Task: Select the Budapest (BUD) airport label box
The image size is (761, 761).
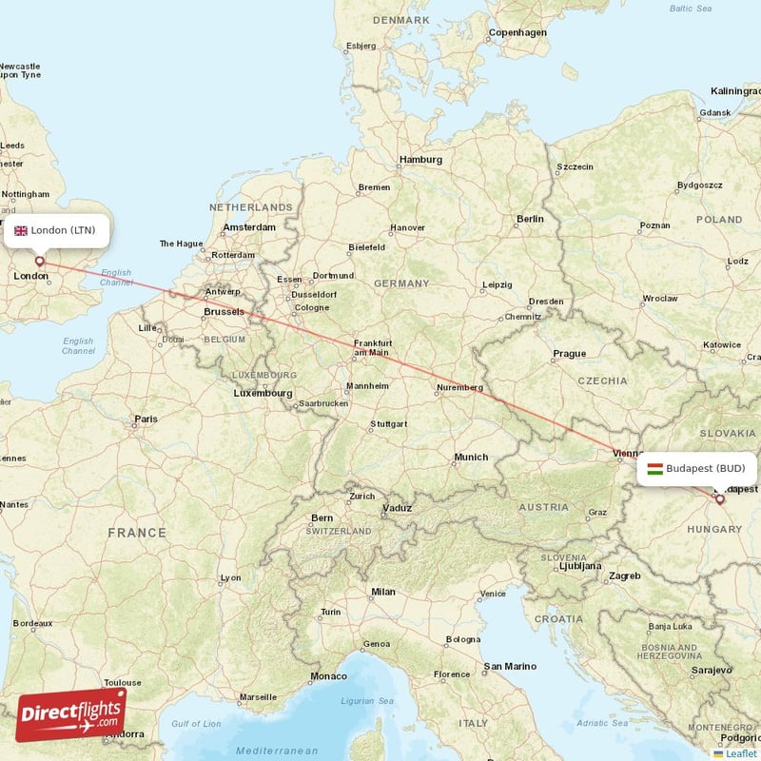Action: click(697, 468)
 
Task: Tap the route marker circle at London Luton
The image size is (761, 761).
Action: click(39, 261)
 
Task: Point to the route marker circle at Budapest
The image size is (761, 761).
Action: click(719, 498)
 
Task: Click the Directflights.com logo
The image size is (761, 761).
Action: click(70, 714)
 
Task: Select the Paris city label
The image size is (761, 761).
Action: click(146, 419)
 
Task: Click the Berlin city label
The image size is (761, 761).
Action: click(530, 219)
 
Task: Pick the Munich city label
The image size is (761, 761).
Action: click(471, 458)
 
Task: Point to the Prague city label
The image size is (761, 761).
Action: click(570, 354)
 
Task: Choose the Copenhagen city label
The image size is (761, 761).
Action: click(517, 32)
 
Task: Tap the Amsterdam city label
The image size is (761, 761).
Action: click(249, 227)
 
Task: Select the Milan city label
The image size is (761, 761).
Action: click(382, 592)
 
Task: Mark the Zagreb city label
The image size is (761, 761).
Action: click(625, 576)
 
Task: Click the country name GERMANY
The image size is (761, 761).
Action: click(401, 283)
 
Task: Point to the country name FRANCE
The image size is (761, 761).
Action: click(137, 533)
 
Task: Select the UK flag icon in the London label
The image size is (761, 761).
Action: click(21, 230)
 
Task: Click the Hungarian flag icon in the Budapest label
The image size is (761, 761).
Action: click(654, 468)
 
